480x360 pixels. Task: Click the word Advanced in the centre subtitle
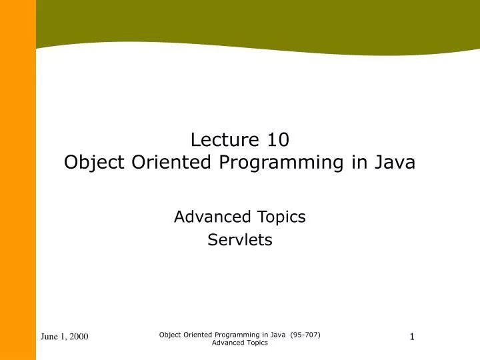(x=213, y=217)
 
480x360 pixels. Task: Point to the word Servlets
(x=240, y=240)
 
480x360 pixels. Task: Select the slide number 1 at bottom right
(x=412, y=337)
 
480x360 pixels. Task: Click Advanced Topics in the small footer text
(x=240, y=343)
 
